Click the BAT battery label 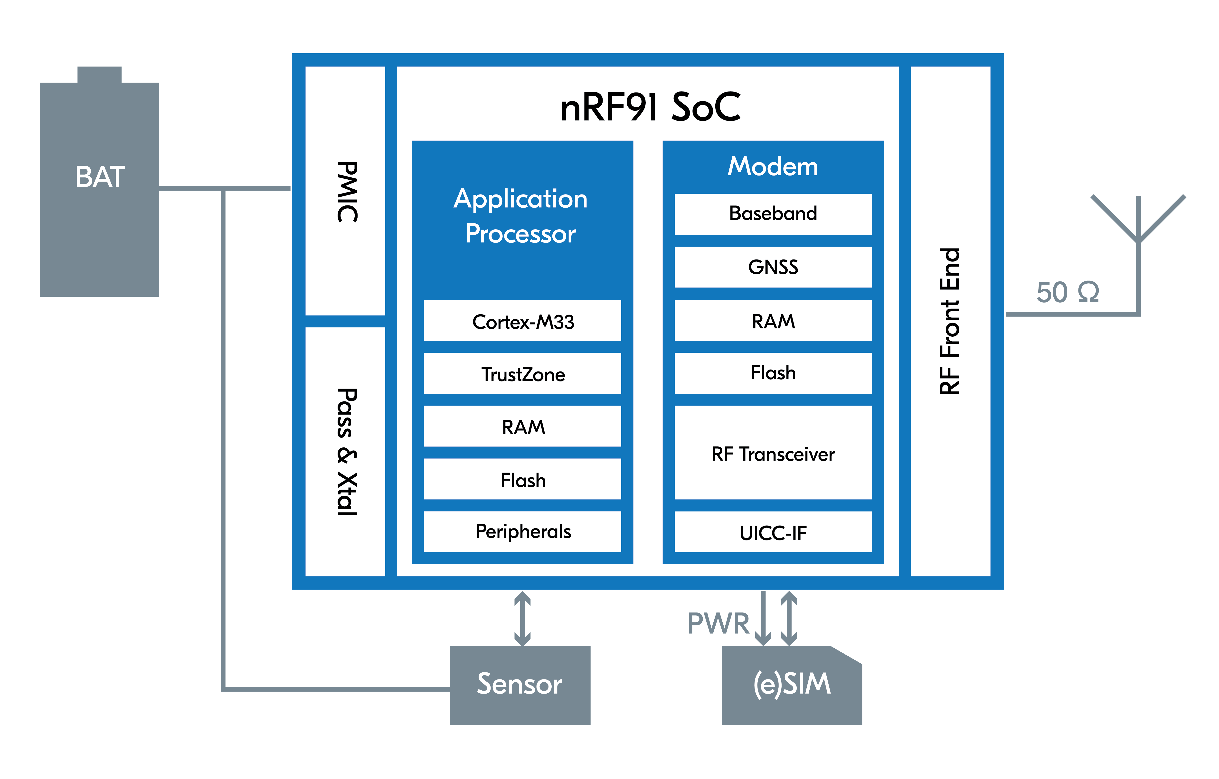tap(100, 177)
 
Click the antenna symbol tap(1138, 223)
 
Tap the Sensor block tap(520, 685)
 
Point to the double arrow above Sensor tap(522, 618)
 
